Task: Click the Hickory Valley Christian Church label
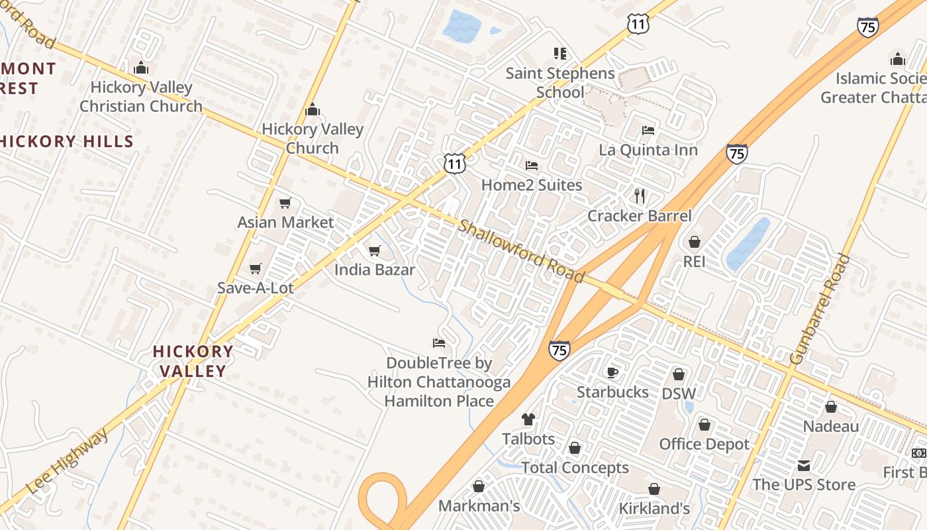pyautogui.click(x=140, y=97)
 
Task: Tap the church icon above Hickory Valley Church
pyautogui.click(x=312, y=110)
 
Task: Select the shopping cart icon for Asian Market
pyautogui.click(x=285, y=203)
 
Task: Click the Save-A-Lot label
pyautogui.click(x=256, y=288)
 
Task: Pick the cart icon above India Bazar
pyautogui.click(x=374, y=251)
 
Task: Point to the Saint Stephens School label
pyautogui.click(x=560, y=83)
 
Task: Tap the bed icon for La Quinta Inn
pyautogui.click(x=648, y=131)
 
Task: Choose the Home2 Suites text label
pyautogui.click(x=532, y=185)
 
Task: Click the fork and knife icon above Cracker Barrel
pyautogui.click(x=640, y=196)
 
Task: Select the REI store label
pyautogui.click(x=694, y=262)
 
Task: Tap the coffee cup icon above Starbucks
pyautogui.click(x=612, y=372)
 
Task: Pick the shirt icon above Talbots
pyautogui.click(x=528, y=419)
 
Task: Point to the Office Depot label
pyautogui.click(x=704, y=444)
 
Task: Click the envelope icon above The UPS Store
pyautogui.click(x=804, y=466)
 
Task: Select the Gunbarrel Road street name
pyautogui.click(x=820, y=309)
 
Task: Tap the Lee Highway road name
pyautogui.click(x=68, y=462)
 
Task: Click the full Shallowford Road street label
pyautogui.click(x=521, y=252)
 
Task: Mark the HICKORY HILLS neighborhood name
pyautogui.click(x=66, y=141)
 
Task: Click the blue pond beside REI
pyautogui.click(x=748, y=244)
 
